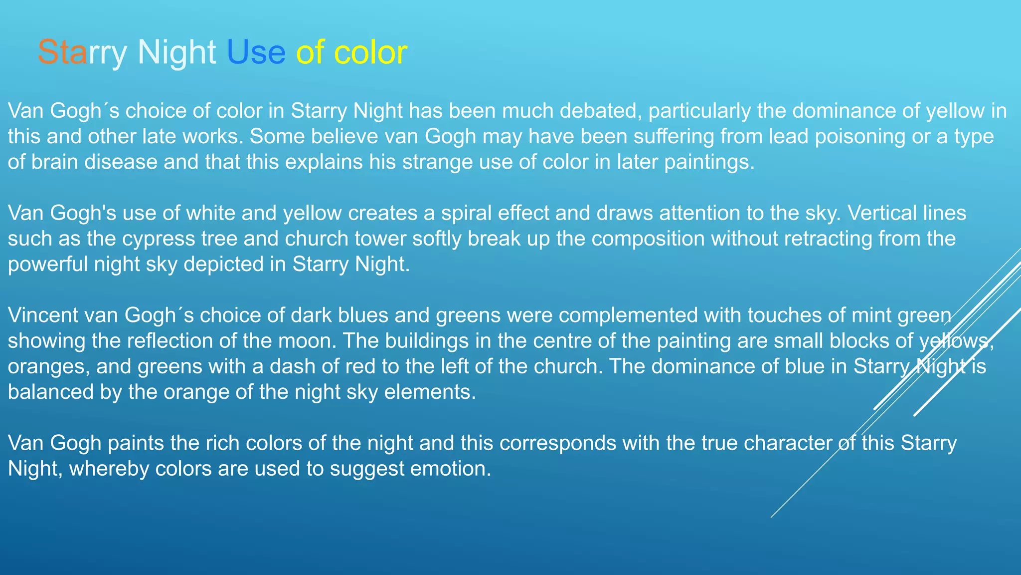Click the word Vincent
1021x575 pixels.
click(x=43, y=315)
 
